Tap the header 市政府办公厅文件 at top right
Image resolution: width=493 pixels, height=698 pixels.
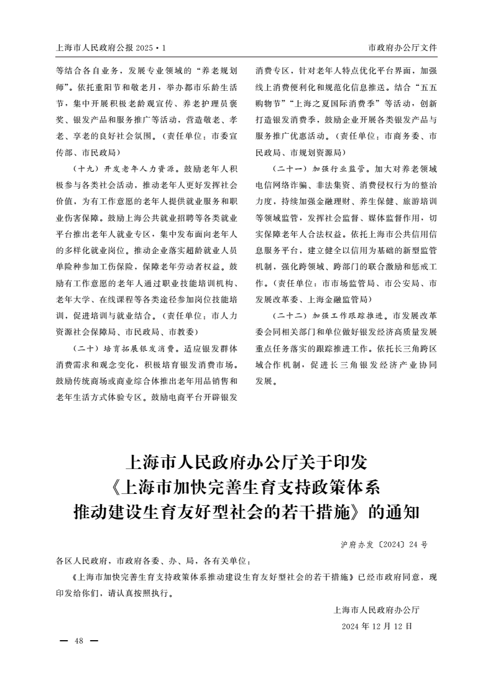[x=403, y=48]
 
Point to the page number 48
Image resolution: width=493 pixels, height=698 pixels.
[x=78, y=641]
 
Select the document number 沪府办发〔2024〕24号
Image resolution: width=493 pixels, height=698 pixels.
[x=384, y=544]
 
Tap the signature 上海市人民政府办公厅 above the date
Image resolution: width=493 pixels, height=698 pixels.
[x=377, y=610]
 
